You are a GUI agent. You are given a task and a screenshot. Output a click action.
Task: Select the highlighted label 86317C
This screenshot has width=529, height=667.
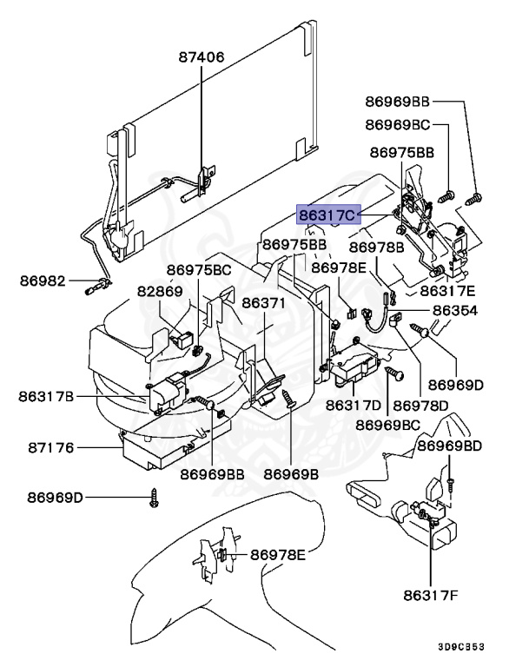point(327,214)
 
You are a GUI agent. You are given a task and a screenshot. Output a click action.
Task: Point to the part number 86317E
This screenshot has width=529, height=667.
point(447,291)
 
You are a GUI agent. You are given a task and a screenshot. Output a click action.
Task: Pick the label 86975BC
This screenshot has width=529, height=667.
point(199,270)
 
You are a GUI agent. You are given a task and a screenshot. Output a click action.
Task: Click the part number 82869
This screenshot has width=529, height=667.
point(159,291)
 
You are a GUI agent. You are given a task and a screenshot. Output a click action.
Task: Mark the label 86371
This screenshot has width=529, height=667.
point(263,303)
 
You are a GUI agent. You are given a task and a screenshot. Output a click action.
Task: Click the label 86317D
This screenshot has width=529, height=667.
point(354,405)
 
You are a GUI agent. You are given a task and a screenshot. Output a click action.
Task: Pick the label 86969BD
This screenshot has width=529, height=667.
point(448,446)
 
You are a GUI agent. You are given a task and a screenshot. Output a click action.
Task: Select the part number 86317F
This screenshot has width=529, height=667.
point(432,596)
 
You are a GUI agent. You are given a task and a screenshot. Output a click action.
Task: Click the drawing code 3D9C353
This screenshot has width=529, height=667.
point(484,647)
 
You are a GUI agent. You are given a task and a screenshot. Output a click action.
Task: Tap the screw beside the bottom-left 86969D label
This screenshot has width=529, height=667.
point(154,499)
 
